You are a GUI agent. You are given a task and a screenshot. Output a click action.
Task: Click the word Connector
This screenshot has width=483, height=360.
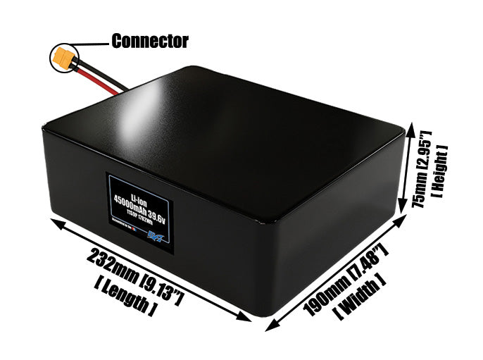click(x=150, y=41)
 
